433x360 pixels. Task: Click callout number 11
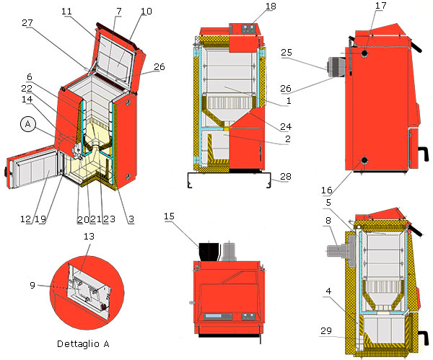[66, 12]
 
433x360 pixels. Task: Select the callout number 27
[27, 23]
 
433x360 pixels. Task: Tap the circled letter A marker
[28, 124]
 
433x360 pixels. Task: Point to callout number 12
[25, 219]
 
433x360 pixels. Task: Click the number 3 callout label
[131, 219]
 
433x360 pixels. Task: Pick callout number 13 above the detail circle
[89, 237]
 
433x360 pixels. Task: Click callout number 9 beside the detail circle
[32, 285]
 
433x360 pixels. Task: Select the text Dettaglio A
[83, 343]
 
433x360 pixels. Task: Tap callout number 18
[271, 6]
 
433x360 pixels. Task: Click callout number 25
[287, 53]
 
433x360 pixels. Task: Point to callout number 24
[286, 127]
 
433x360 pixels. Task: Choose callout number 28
[286, 177]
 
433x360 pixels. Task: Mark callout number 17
[380, 6]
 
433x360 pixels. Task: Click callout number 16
[326, 190]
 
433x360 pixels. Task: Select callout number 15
[169, 216]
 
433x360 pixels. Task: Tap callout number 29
[326, 330]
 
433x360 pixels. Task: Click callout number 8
[328, 220]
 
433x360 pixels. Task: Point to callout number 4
[328, 291]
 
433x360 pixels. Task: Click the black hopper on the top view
[209, 251]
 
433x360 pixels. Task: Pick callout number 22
[27, 89]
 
